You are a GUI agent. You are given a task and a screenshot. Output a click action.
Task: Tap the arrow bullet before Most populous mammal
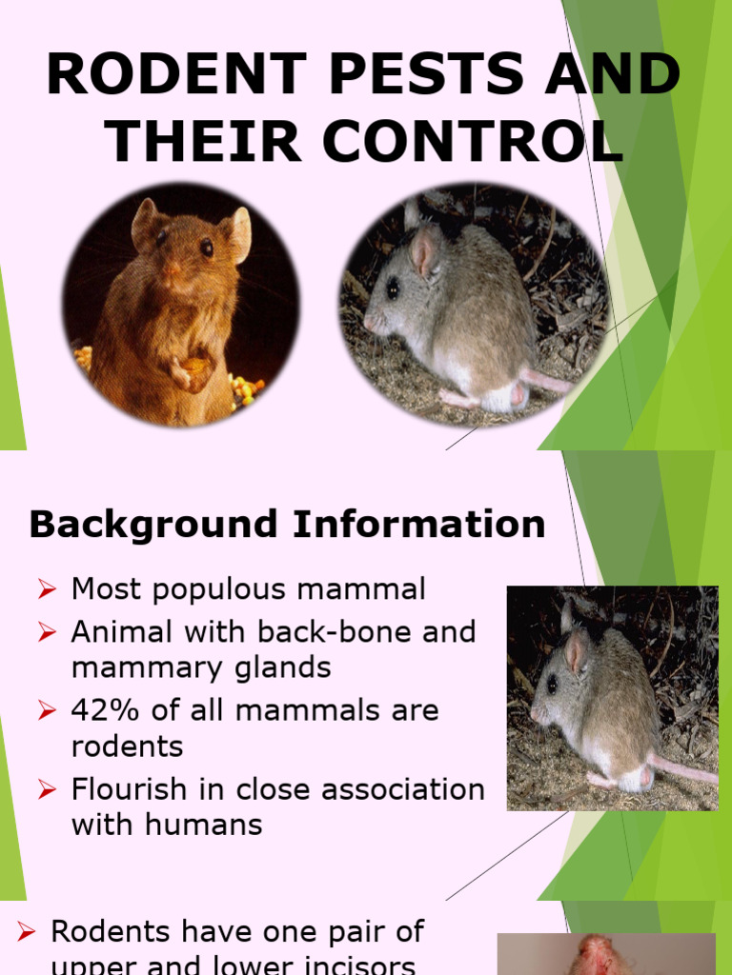click(48, 590)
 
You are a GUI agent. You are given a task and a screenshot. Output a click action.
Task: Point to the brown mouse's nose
click(171, 269)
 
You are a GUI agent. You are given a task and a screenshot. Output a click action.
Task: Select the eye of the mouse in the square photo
click(552, 684)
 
